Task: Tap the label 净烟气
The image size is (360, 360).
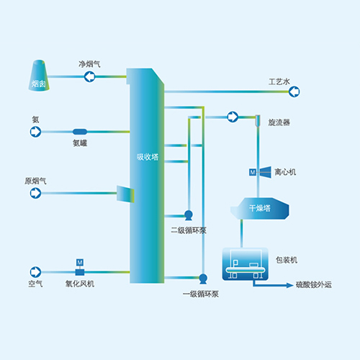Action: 89,64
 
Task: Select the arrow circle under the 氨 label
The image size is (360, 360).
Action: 35,132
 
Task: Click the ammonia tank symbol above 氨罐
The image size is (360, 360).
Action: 79,132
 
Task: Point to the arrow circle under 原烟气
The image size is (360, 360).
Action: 35,192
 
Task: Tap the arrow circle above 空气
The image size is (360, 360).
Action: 35,271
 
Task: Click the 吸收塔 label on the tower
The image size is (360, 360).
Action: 147,156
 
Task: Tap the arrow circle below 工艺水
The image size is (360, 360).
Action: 294,91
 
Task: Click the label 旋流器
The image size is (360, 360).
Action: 279,122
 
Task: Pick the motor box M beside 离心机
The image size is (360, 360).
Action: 252,173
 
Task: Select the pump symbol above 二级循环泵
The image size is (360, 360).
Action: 189,215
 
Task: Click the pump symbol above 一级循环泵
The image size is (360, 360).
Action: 203,278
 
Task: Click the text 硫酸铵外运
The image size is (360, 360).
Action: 315,286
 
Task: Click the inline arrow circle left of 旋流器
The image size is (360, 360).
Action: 233,117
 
